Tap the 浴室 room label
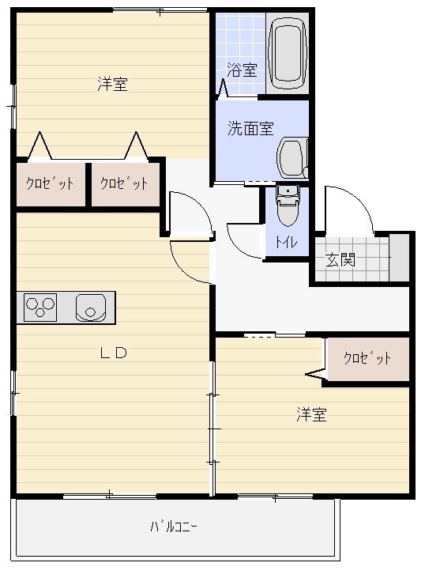(242, 70)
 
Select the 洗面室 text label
(250, 129)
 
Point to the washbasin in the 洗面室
(291, 158)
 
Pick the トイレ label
(286, 243)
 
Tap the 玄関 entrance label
(341, 259)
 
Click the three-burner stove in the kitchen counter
(42, 307)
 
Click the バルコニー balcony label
(175, 527)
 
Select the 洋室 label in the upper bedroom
(113, 84)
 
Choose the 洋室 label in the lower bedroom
(311, 414)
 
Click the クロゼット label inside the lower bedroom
(367, 358)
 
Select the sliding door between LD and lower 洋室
(212, 427)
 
